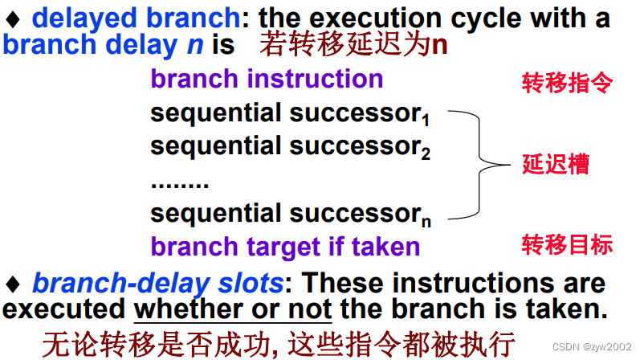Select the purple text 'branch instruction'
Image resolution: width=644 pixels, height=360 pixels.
click(x=267, y=79)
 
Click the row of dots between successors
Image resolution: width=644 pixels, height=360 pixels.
click(x=179, y=182)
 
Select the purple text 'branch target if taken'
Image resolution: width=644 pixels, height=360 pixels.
click(x=285, y=246)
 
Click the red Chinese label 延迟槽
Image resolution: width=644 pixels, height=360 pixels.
click(x=556, y=165)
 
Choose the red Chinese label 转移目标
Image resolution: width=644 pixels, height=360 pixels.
click(x=567, y=245)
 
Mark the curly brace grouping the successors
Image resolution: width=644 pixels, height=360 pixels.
click(x=480, y=165)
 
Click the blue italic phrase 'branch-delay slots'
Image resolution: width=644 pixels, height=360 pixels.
click(x=157, y=283)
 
